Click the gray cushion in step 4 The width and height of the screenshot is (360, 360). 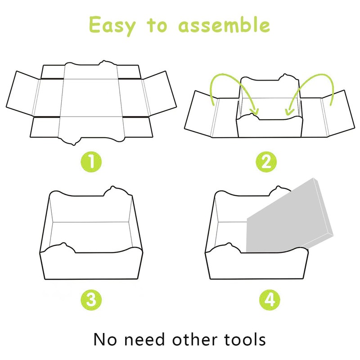click(288, 216)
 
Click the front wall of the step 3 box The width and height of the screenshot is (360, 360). click(90, 265)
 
